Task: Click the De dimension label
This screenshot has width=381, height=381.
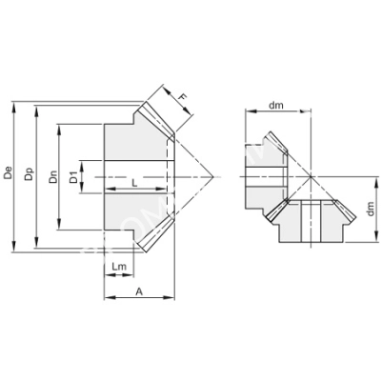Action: coord(9,175)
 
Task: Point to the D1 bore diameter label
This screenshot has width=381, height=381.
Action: coord(84,176)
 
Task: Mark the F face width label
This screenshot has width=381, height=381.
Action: coord(183,95)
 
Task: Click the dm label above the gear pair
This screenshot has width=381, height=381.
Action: coord(277,106)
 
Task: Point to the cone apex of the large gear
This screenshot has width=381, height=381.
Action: coord(211,176)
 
